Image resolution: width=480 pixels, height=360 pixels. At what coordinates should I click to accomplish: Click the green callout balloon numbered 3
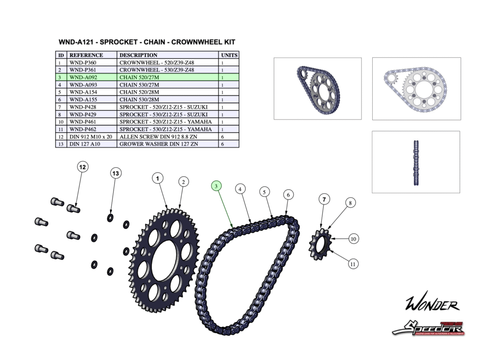[x=216, y=186]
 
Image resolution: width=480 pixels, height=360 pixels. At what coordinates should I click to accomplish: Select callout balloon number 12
[x=82, y=167]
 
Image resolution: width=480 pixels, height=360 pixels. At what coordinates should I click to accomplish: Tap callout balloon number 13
[x=116, y=173]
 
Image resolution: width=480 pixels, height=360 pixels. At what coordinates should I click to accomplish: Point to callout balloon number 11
[x=353, y=264]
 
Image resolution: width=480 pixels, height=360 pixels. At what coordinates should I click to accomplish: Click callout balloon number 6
[x=288, y=195]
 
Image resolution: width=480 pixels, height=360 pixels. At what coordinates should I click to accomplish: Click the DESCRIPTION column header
[x=138, y=55]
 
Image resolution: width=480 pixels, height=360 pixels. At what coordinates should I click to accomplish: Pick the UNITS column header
[x=229, y=55]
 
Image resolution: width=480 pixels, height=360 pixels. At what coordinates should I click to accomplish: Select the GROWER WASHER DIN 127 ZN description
[x=158, y=144]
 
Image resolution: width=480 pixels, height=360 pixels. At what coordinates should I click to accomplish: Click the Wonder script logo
[x=432, y=305]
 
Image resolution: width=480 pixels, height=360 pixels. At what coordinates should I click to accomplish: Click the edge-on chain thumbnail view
[x=415, y=162]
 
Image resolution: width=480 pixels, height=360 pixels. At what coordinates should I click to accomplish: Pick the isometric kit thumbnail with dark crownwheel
[x=317, y=88]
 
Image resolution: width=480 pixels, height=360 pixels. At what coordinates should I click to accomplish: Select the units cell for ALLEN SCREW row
[x=222, y=136]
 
